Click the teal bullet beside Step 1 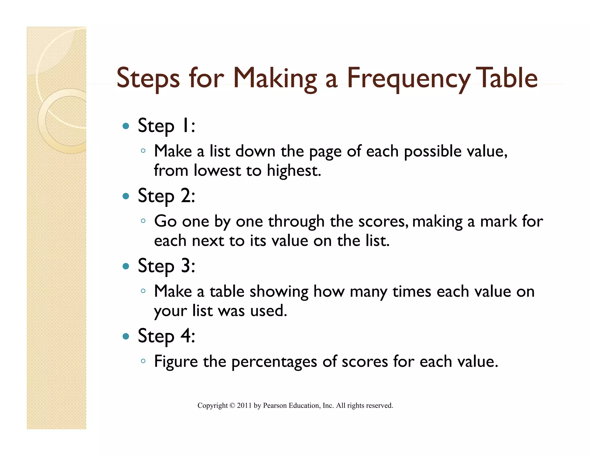tap(126, 126)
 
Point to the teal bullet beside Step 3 tap(126, 266)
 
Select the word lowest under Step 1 tap(217, 170)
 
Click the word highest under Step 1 tap(294, 171)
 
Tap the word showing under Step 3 tap(279, 292)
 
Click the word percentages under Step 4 tap(274, 362)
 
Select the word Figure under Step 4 tap(176, 362)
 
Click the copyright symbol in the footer tap(232, 406)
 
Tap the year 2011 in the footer tap(244, 406)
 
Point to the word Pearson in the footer tap(275, 406)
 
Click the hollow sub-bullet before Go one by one tap(143, 221)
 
